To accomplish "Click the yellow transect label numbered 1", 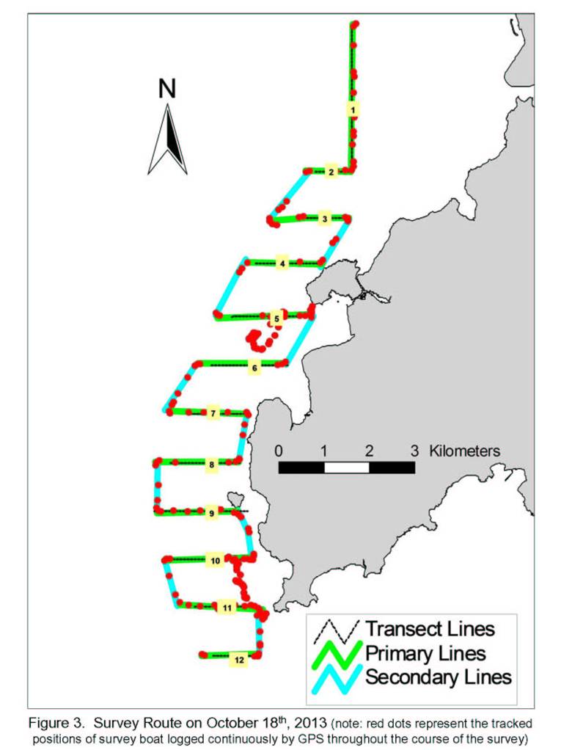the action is [x=353, y=110].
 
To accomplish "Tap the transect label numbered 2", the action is [x=331, y=172].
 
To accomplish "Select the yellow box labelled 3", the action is [x=324, y=219].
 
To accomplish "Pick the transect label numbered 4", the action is [x=282, y=263].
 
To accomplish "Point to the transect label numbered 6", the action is [x=254, y=368].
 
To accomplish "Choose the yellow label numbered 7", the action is [x=213, y=413].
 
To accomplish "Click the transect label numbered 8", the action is [x=212, y=465].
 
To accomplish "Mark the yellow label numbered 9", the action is [x=212, y=514].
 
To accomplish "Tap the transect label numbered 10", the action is [x=216, y=561].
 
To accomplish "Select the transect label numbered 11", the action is [x=227, y=608].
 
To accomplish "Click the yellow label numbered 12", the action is [x=239, y=660].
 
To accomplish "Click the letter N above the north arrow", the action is [x=167, y=89].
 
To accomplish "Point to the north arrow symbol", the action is [x=167, y=139].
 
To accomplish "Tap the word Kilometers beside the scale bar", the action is [x=464, y=451].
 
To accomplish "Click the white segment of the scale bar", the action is [x=347, y=467].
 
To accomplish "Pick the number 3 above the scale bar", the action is [x=414, y=451].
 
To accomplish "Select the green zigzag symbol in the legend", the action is [x=337, y=655].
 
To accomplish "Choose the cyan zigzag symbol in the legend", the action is [x=337, y=678].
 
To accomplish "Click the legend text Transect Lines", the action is [x=430, y=628].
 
